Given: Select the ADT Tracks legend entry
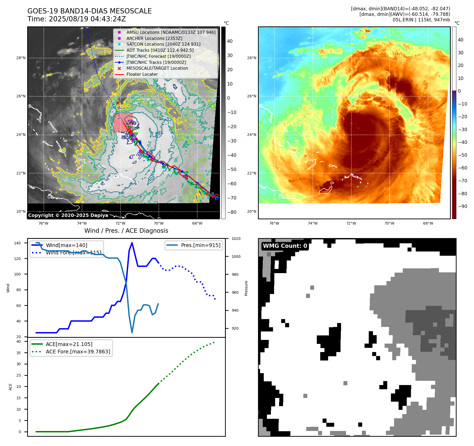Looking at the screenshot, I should tap(160, 50).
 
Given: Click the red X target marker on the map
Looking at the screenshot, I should tap(118, 103).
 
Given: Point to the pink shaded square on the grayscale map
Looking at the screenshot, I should tap(123, 123).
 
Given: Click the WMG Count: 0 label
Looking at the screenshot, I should tap(285, 246).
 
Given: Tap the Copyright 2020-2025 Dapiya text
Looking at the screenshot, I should tap(68, 215).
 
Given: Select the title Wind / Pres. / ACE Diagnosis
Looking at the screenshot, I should tap(126, 231).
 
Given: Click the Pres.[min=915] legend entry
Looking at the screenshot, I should tap(200, 245).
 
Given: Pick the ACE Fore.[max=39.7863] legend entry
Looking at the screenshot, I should tap(78, 352).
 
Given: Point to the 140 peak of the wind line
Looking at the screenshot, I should tap(132, 243).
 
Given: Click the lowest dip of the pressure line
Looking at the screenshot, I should tap(132, 333).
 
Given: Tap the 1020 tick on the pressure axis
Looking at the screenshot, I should tap(236, 239).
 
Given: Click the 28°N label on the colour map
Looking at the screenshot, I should tap(251, 58).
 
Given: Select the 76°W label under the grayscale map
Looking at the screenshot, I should tap(43, 223).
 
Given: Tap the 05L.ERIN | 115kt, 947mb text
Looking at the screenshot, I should tap(421, 20).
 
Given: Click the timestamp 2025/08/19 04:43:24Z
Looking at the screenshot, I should tap(87, 19).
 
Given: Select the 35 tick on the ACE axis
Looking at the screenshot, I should tap(18, 353).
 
